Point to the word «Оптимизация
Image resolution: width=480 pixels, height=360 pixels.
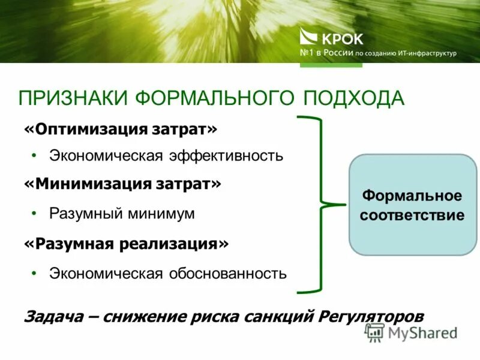click(83, 130)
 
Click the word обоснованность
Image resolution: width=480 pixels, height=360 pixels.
click(227, 274)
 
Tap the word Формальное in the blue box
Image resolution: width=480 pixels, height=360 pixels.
click(412, 196)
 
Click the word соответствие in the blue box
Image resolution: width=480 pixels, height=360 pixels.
click(412, 215)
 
